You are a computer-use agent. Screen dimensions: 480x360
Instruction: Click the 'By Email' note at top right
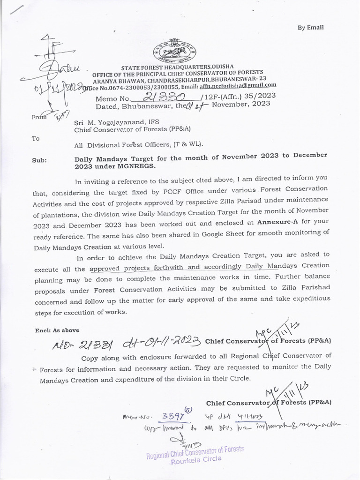point(310,28)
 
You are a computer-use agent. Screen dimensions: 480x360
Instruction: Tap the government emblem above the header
point(176,50)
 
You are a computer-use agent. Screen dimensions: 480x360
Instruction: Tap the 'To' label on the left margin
point(36,139)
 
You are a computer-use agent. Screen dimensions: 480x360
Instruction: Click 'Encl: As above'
point(57,330)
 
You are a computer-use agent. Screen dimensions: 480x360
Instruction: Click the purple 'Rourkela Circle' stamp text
point(195,459)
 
